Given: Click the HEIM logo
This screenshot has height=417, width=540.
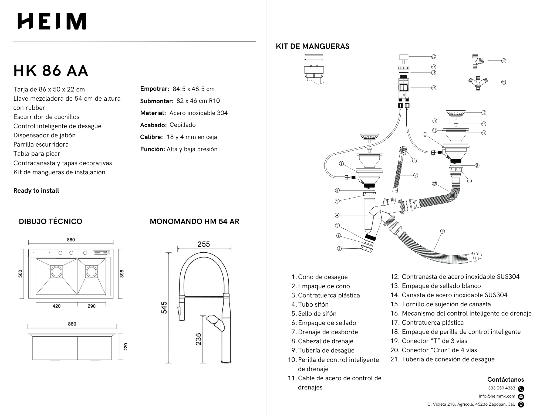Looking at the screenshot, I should (x=52, y=21).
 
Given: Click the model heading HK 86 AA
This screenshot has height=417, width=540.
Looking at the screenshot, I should (x=51, y=71).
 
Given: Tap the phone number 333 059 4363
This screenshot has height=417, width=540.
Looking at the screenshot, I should (x=501, y=388).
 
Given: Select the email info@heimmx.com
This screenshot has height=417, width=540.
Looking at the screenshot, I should (x=497, y=396).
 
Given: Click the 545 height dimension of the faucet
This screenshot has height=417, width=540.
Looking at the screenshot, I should (x=164, y=308).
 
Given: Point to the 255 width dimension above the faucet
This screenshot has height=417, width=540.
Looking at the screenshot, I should (x=204, y=244).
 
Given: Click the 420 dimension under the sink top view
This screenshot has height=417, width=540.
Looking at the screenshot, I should (x=56, y=306).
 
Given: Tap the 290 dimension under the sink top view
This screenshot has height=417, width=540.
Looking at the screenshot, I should (x=92, y=306).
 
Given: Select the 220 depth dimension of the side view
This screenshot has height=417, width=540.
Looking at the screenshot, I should (x=126, y=347).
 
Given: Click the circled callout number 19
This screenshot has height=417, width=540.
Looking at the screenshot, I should (x=504, y=61).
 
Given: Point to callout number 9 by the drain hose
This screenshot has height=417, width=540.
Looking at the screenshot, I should (x=442, y=231).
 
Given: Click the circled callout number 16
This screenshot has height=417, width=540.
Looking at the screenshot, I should (x=434, y=88).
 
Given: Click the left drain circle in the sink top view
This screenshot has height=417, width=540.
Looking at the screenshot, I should (x=57, y=272).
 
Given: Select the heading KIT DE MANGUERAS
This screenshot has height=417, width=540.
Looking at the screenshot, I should (x=312, y=46).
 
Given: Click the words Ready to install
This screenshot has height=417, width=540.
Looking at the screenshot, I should (x=36, y=191).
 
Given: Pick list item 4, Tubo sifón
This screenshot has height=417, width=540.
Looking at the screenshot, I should (x=313, y=304).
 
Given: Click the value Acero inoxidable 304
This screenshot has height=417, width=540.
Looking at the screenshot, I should (x=198, y=113).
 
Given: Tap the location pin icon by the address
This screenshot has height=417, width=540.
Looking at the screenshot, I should (x=521, y=404).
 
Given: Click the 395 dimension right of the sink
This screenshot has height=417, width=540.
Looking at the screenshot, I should (x=122, y=274).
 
